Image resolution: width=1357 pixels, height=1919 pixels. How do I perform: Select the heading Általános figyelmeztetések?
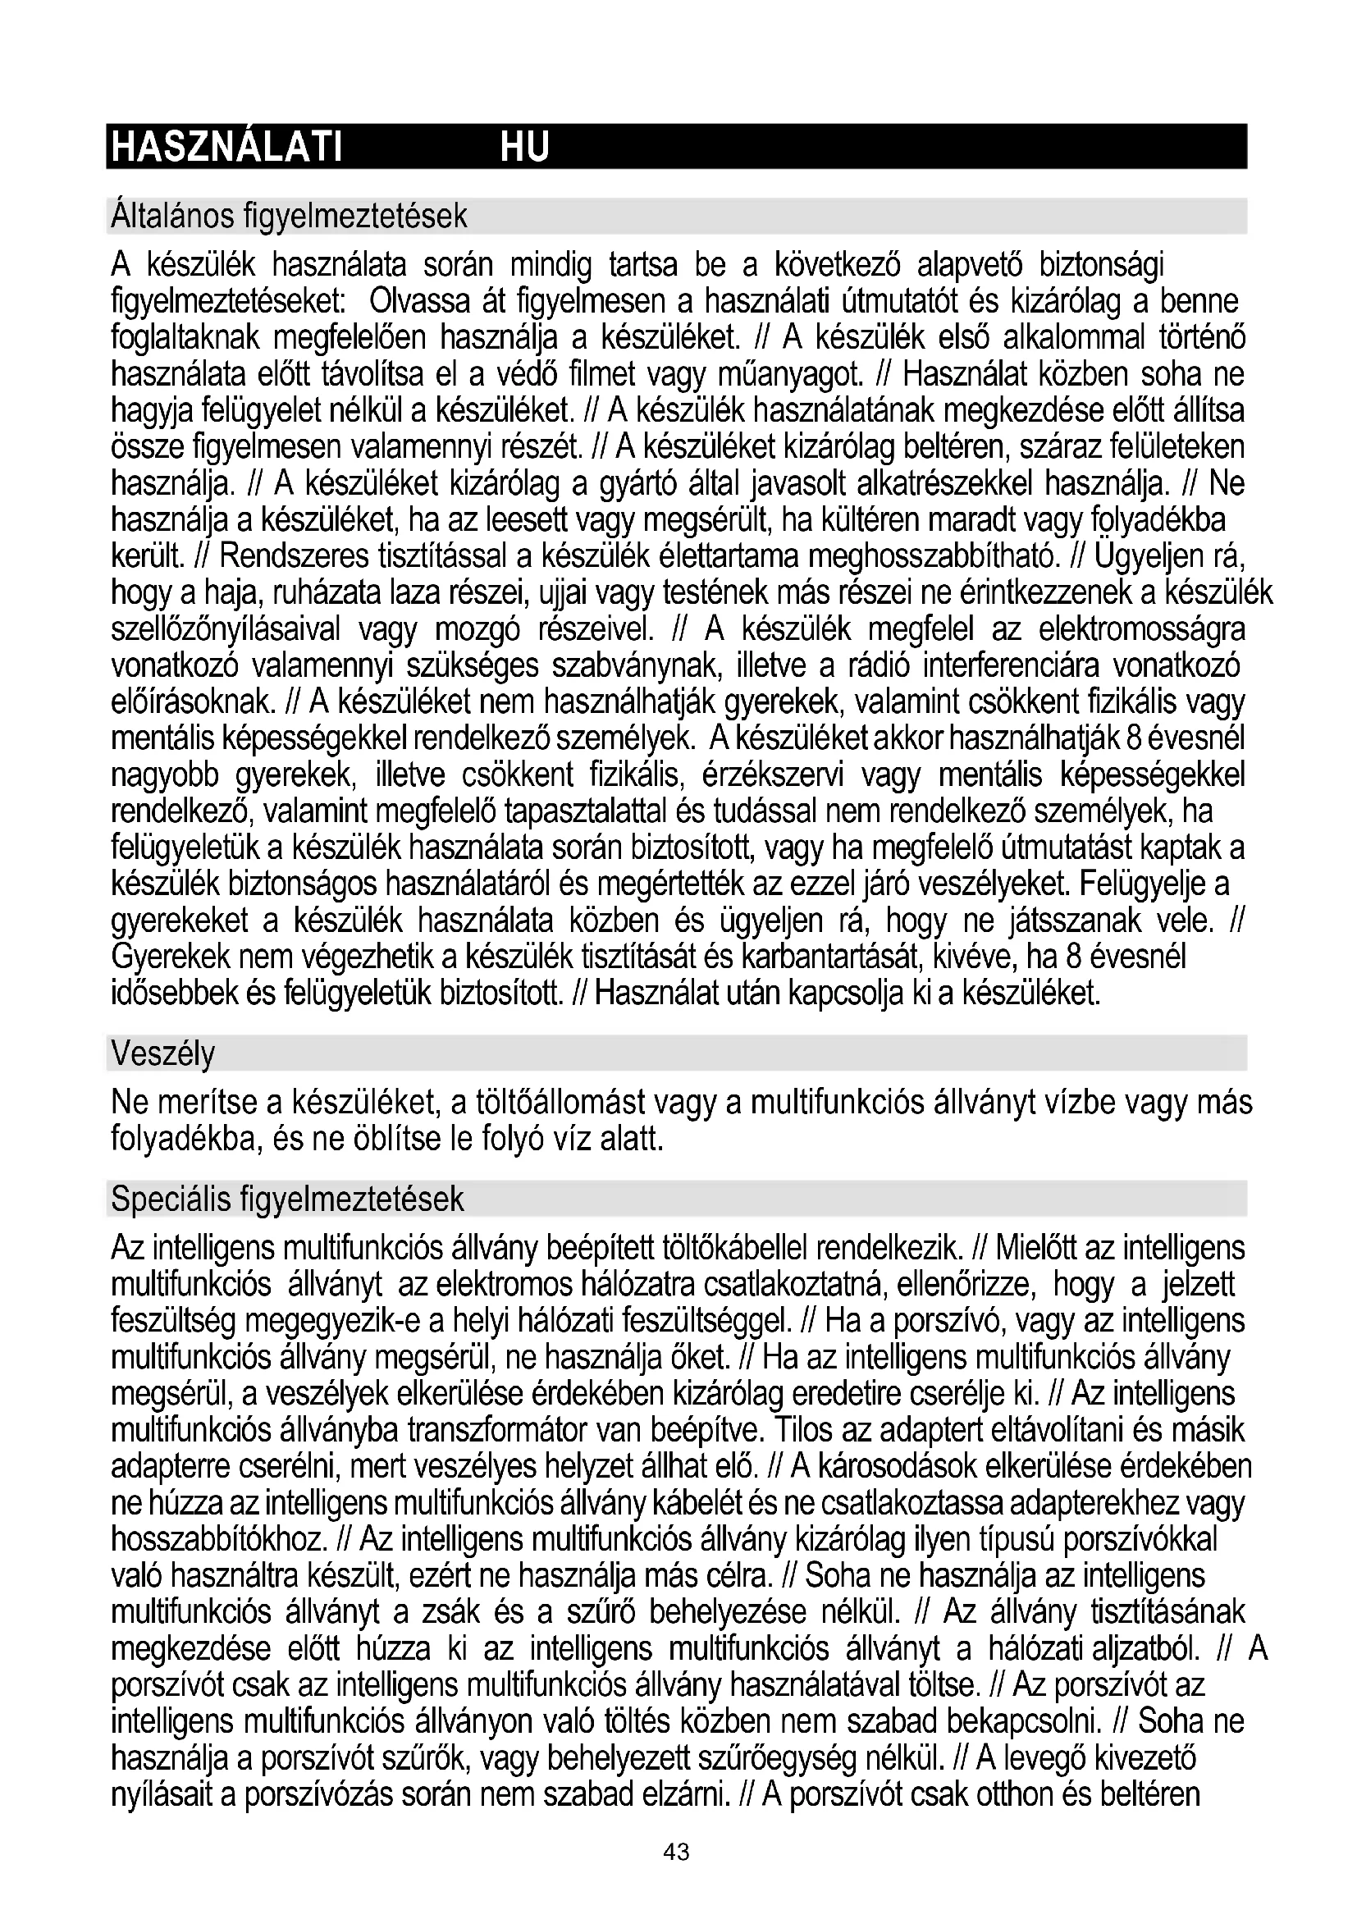pyautogui.click(x=289, y=217)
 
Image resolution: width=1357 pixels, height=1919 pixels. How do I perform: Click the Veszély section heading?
pyautogui.click(x=163, y=1054)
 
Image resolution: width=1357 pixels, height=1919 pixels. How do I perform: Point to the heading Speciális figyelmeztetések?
pyautogui.click(x=286, y=1199)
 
